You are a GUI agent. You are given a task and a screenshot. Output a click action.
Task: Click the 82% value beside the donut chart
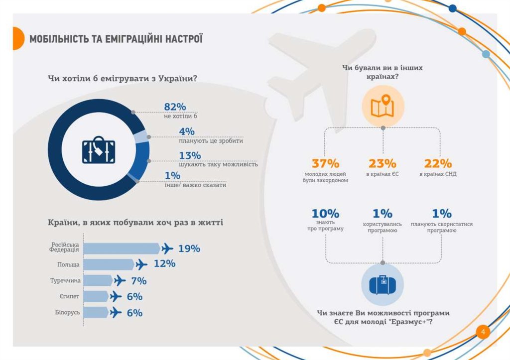click(x=175, y=107)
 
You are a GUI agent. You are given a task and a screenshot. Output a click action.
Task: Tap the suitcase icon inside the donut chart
click(x=99, y=150)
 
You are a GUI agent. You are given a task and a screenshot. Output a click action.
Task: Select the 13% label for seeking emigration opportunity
click(x=190, y=156)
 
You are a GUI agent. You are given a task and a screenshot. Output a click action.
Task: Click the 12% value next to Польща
click(x=164, y=264)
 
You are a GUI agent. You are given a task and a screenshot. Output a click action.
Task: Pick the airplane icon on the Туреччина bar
click(x=120, y=281)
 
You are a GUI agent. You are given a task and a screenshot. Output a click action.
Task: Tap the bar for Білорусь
click(x=95, y=313)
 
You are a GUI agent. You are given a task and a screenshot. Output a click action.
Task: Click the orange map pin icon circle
click(x=382, y=106)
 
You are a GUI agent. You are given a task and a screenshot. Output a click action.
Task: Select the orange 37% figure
click(x=325, y=163)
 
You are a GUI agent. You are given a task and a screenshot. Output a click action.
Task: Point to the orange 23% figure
click(x=382, y=163)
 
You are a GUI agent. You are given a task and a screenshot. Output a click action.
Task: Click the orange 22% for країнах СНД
click(x=438, y=163)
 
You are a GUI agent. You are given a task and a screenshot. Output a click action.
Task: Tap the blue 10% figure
click(x=325, y=214)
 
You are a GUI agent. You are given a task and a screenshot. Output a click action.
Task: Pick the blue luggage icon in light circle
click(x=382, y=284)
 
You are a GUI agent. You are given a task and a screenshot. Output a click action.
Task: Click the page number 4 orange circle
click(x=482, y=333)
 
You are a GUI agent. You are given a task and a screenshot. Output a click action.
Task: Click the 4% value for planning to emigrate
click(x=186, y=131)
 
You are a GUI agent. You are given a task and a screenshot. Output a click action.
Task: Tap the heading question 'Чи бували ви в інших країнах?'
click(x=382, y=72)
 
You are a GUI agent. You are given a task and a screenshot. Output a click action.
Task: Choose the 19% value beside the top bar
click(x=189, y=248)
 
